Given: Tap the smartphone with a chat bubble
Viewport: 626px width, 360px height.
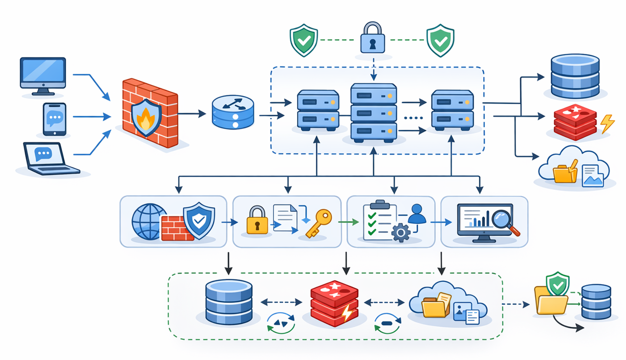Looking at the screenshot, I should pyautogui.click(x=54, y=118).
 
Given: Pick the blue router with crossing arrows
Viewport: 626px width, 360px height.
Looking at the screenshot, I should pyautogui.click(x=233, y=112).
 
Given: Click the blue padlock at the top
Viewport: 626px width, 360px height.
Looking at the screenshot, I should pyautogui.click(x=373, y=39).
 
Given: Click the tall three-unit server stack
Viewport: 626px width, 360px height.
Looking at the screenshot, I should pyautogui.click(x=374, y=112).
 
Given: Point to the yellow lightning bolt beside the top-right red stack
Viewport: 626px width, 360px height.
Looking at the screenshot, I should pyautogui.click(x=607, y=124).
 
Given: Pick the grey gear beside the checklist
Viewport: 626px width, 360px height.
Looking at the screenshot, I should pyautogui.click(x=401, y=232).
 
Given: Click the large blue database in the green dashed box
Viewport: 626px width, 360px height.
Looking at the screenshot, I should pyautogui.click(x=229, y=301).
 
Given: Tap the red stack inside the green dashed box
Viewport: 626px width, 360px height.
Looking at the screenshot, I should pyautogui.click(x=334, y=303).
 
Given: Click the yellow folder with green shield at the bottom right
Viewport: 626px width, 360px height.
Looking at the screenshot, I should pyautogui.click(x=551, y=297).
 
